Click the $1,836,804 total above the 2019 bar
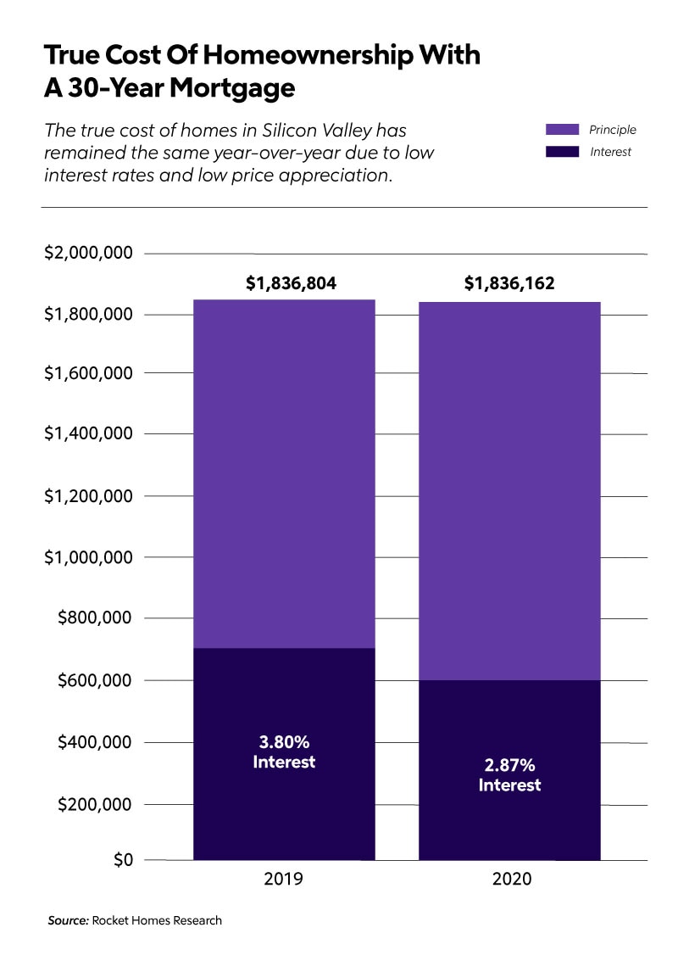[291, 283]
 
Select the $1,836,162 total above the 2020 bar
[509, 283]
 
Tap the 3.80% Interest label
[284, 751]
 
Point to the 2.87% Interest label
[509, 774]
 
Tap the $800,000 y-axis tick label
[94, 617]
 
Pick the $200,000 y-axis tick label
[94, 803]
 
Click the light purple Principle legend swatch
[562, 130]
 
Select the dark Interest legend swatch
[562, 152]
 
